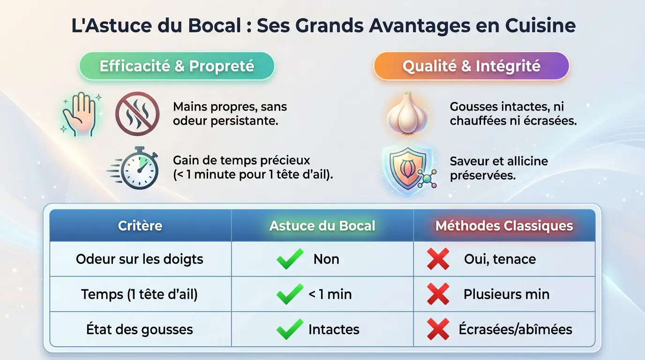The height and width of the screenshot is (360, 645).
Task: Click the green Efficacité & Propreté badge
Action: click(x=177, y=66)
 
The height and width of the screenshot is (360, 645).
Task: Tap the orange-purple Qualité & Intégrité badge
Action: click(x=471, y=66)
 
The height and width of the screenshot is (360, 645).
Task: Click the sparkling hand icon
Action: click(x=79, y=114)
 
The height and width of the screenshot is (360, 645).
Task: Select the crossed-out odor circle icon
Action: click(x=137, y=113)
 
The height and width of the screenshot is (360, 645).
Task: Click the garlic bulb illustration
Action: click(x=407, y=113)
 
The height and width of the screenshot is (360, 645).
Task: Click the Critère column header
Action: click(x=140, y=225)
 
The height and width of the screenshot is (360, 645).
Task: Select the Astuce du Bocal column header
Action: click(x=322, y=225)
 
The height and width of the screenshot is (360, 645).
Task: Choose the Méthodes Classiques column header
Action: click(x=504, y=225)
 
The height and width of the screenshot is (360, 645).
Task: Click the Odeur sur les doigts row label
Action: click(x=140, y=259)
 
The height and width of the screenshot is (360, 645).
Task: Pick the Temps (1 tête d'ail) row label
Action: click(x=140, y=294)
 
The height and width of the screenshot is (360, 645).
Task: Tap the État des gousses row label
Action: click(x=140, y=330)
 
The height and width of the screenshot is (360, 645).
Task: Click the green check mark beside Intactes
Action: click(x=290, y=329)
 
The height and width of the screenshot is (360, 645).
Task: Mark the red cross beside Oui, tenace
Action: click(x=438, y=259)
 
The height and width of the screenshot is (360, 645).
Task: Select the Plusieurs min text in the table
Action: click(x=506, y=294)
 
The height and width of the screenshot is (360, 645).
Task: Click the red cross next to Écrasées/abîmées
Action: click(x=438, y=329)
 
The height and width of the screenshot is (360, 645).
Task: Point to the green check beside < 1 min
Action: click(x=290, y=294)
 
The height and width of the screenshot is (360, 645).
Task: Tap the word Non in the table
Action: click(x=326, y=259)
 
